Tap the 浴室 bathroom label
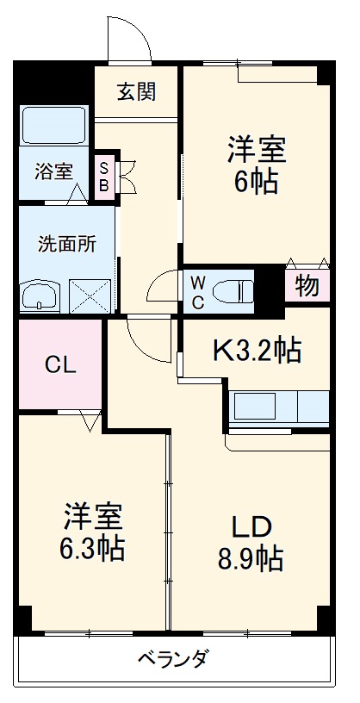[x=54, y=171]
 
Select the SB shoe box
[x=104, y=177]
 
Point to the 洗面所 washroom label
[x=66, y=243]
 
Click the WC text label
[x=197, y=291]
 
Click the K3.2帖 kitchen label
[x=257, y=350]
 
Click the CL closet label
[x=60, y=364]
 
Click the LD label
[x=251, y=526]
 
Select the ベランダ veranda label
[x=172, y=660]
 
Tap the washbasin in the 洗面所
[x=40, y=296]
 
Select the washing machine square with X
[x=91, y=295]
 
